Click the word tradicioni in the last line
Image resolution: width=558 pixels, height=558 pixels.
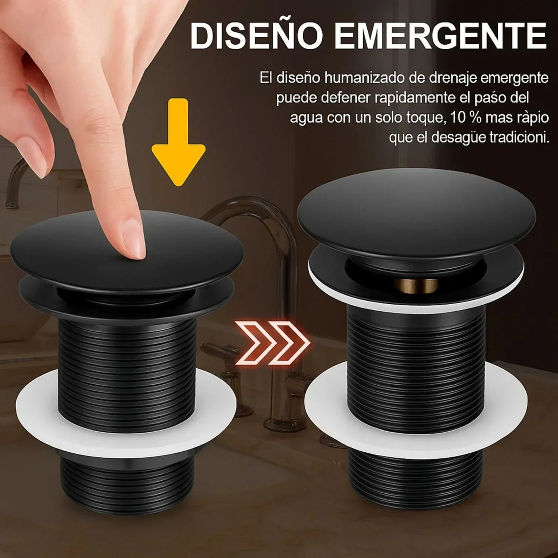coord(519,137)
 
